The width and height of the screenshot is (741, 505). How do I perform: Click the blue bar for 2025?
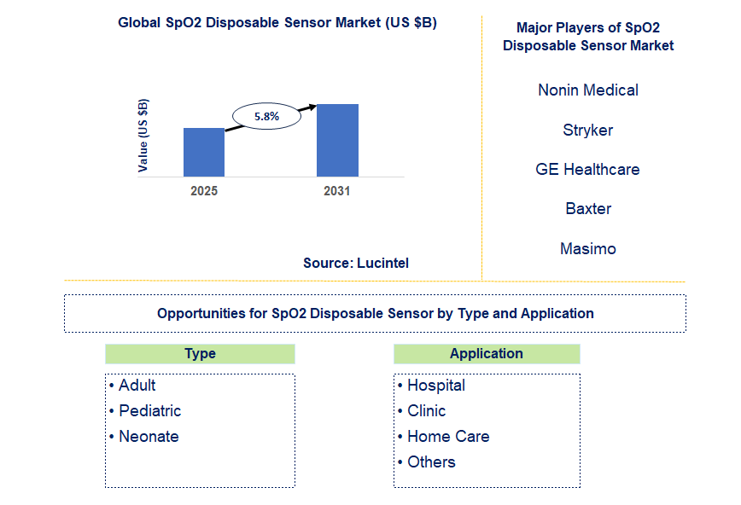point(204,152)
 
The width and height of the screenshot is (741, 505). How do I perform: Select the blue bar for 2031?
point(337,140)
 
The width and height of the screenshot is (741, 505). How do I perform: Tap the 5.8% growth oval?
point(267,116)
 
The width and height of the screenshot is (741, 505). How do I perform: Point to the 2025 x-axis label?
point(204,191)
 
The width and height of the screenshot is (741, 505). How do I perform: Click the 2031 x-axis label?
point(337,191)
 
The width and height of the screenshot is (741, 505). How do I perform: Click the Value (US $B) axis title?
point(143,136)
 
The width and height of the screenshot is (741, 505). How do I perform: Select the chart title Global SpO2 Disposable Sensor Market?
point(277,23)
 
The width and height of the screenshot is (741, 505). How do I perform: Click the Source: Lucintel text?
point(356,263)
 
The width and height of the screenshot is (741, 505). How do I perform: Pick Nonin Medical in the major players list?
point(588,90)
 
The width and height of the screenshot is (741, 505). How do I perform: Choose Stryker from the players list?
point(588,130)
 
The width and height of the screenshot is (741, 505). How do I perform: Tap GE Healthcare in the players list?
point(588,169)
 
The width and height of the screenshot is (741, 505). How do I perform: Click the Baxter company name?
point(588,208)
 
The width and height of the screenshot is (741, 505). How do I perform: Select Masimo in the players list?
point(588,248)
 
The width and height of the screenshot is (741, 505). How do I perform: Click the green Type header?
point(200,353)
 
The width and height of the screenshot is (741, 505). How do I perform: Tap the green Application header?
point(487,353)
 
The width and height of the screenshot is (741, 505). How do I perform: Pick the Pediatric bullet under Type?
point(149,410)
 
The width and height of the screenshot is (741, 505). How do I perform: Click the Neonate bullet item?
point(149,436)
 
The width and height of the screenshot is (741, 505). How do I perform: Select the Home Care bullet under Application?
point(447,436)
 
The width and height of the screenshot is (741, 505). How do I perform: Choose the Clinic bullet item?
point(426,410)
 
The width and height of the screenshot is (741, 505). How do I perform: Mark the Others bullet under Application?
point(431,461)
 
